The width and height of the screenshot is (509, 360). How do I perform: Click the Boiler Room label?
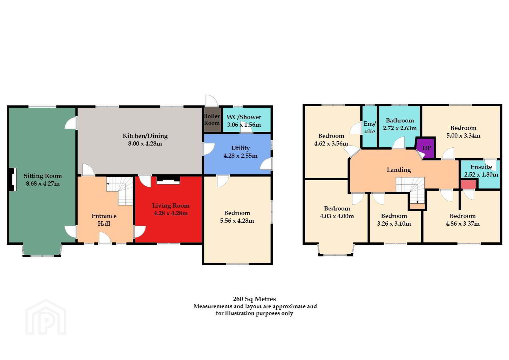coord(212,119)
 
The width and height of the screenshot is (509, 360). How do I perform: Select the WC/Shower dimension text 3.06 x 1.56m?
coord(244,125)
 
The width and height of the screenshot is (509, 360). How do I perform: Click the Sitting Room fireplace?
coord(13,179)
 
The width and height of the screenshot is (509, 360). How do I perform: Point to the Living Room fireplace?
coord(168,180)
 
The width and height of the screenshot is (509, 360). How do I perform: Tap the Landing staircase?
coord(411,190)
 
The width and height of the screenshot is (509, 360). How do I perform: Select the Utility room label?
coord(240,148)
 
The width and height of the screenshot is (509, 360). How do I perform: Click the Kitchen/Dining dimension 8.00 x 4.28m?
coord(145,144)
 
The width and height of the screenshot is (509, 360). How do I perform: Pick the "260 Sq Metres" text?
coord(254,299)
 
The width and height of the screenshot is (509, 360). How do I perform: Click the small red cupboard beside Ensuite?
coord(468,184)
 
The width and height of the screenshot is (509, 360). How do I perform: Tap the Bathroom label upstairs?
coord(400,120)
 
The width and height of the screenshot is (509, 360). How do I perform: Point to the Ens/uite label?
coord(370,127)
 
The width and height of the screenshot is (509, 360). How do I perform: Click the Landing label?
coord(399,170)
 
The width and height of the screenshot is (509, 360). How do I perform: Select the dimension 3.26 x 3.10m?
coord(394,224)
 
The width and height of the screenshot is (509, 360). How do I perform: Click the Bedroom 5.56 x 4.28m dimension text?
coord(237,221)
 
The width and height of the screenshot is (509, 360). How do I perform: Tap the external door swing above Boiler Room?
coord(211,100)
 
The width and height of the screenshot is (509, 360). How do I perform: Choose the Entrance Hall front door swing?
coord(105,238)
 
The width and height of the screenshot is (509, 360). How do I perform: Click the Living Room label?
coord(171,206)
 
